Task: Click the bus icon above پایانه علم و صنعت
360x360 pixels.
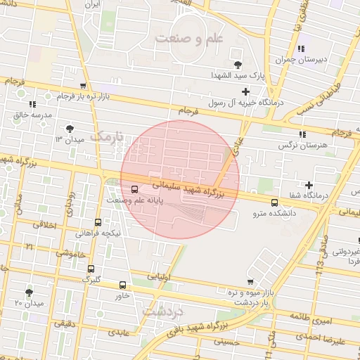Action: point(134,188)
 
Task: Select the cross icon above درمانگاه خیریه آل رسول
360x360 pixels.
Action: point(245,91)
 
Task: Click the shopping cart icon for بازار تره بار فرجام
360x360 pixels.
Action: point(83,85)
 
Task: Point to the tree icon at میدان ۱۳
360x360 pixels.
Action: point(69,128)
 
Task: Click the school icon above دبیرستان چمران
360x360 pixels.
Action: point(301,49)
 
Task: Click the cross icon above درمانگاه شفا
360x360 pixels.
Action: point(309,184)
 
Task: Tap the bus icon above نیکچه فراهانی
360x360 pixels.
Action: point(98,222)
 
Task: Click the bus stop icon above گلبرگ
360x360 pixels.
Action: point(91,269)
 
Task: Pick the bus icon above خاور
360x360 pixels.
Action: point(123,285)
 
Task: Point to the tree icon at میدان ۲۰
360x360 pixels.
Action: point(29,292)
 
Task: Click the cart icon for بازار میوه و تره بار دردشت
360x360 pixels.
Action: point(250,281)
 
